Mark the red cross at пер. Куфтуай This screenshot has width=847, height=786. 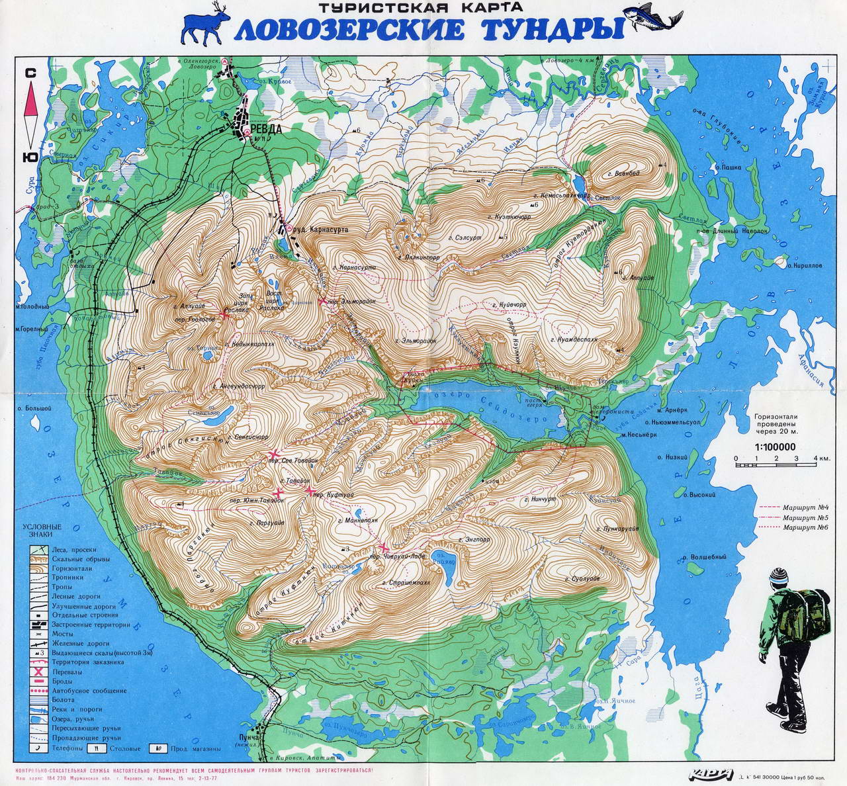point(309,490)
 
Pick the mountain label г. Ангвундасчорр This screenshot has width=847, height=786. point(239,384)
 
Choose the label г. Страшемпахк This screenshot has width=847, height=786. point(406,584)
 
